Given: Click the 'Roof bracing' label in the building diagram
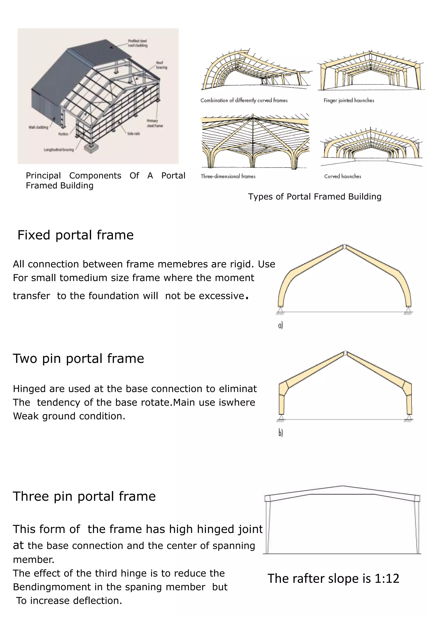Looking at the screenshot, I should click(161, 65).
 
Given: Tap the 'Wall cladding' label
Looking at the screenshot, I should click(38, 127).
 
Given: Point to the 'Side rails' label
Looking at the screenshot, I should click(133, 133).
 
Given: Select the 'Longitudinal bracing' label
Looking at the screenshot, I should click(59, 150).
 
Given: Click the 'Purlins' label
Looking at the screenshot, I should click(63, 134).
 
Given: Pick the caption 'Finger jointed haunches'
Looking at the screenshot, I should click(349, 101).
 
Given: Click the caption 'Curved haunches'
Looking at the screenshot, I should click(343, 176).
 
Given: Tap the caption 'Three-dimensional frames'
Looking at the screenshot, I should click(228, 176).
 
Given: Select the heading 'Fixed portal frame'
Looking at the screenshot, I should click(75, 235).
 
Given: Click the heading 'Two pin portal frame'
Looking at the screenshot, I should click(78, 358).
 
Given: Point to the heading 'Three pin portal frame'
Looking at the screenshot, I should click(84, 496).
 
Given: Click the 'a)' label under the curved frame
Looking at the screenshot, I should click(280, 325).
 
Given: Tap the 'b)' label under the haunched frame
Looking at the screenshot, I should click(280, 433).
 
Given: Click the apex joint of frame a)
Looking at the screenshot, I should click(345, 246).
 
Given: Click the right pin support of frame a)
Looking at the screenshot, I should click(408, 310).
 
